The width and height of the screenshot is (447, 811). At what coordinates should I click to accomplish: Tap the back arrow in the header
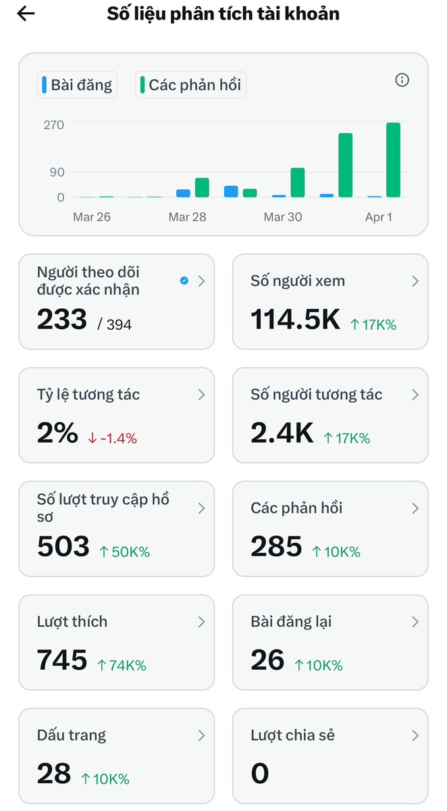tap(26, 14)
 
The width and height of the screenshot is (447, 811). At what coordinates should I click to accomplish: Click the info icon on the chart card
tap(402, 80)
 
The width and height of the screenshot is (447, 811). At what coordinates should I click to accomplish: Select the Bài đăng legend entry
tap(77, 85)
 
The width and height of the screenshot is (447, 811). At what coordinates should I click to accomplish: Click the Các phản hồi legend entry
tap(190, 85)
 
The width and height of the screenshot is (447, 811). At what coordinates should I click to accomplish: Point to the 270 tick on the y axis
tap(54, 125)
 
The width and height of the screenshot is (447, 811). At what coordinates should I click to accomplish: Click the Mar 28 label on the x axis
tap(187, 217)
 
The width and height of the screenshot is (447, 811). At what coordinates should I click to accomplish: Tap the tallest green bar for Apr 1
tap(393, 160)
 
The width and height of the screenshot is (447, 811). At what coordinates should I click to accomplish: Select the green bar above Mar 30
tap(297, 182)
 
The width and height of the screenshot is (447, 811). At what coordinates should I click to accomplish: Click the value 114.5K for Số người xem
tap(295, 320)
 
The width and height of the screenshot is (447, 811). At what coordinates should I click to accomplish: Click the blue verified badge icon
tap(184, 281)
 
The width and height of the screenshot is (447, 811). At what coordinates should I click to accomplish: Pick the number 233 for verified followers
tap(62, 320)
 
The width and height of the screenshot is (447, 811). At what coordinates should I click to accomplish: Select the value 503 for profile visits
tap(63, 547)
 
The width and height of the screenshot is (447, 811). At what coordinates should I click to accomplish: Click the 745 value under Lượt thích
tap(62, 660)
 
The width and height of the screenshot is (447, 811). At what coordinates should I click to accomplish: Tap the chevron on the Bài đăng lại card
tap(415, 622)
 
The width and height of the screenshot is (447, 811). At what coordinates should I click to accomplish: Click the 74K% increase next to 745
tap(122, 665)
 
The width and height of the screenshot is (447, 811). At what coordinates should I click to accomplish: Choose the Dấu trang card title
tap(72, 735)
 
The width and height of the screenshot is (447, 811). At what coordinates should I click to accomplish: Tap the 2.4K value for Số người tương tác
tap(282, 433)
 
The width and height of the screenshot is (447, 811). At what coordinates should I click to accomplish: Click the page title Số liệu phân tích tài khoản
tap(223, 14)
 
